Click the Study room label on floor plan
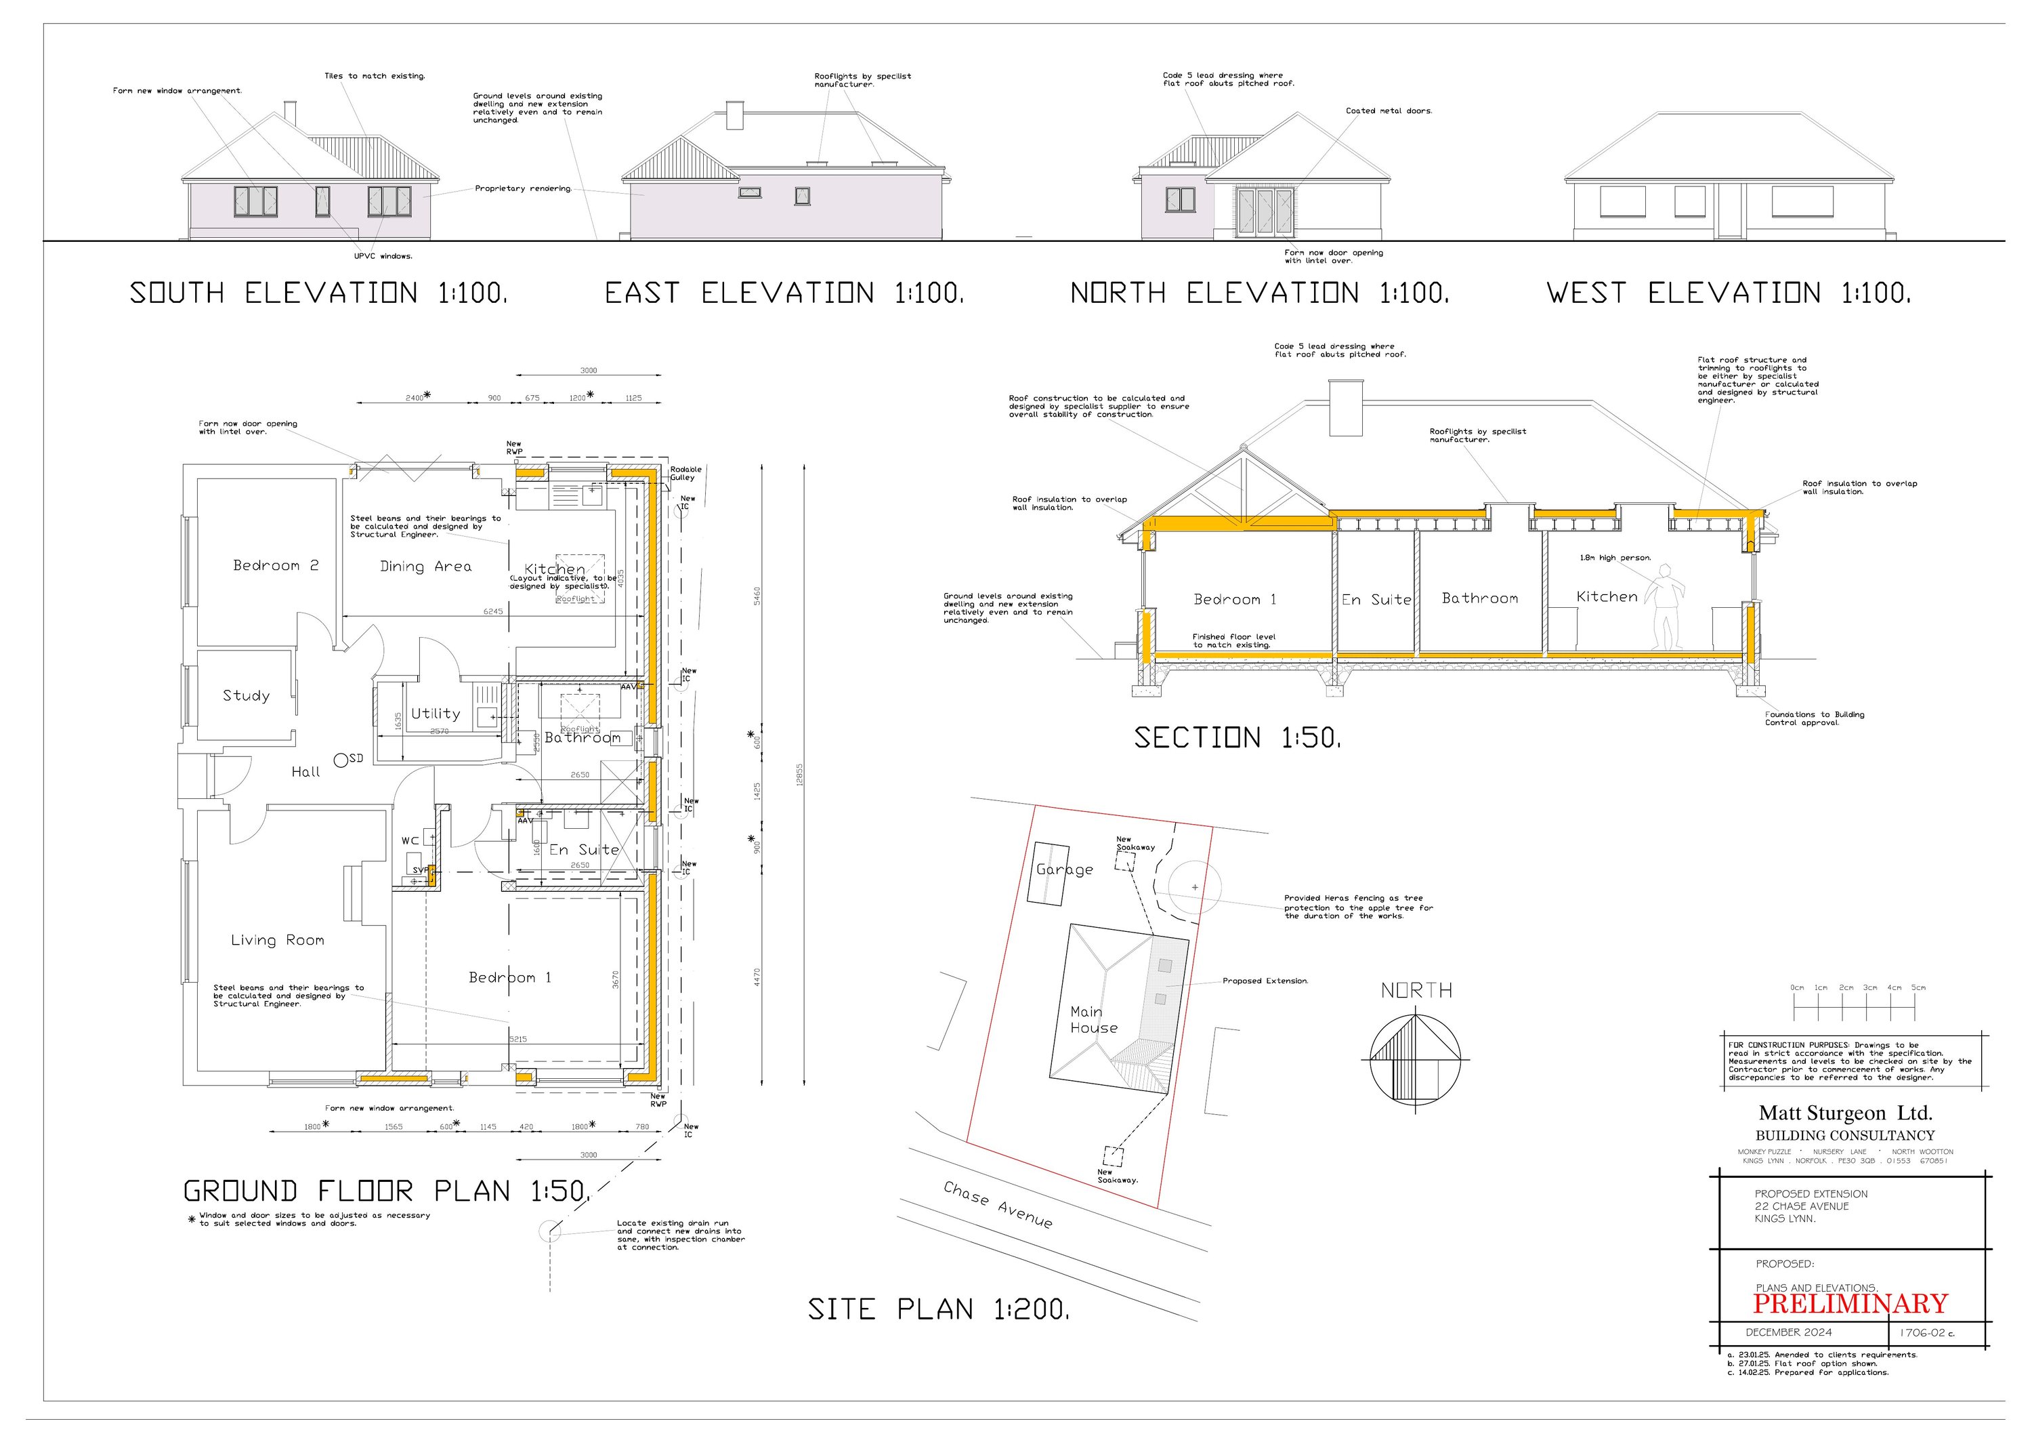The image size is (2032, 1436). pyautogui.click(x=246, y=696)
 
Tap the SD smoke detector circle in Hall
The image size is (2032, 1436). pyautogui.click(x=341, y=760)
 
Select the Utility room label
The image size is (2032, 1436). pyautogui.click(x=436, y=714)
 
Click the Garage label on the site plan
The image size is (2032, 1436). pyautogui.click(x=1065, y=869)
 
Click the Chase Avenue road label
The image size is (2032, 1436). pyautogui.click(x=998, y=1205)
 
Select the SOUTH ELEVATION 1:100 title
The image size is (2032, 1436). pyautogui.click(x=318, y=293)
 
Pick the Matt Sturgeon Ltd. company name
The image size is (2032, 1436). pyautogui.click(x=1845, y=1113)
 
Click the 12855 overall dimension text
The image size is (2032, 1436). pyautogui.click(x=800, y=775)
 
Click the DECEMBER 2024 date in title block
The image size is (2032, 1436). pyautogui.click(x=1789, y=1332)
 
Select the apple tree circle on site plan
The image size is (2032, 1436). pyautogui.click(x=1195, y=886)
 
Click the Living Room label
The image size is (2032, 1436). pyautogui.click(x=277, y=940)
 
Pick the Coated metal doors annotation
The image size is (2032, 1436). pyautogui.click(x=1389, y=112)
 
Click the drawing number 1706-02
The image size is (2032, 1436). pyautogui.click(x=1926, y=1333)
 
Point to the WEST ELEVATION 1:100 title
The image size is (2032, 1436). pyautogui.click(x=1729, y=293)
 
